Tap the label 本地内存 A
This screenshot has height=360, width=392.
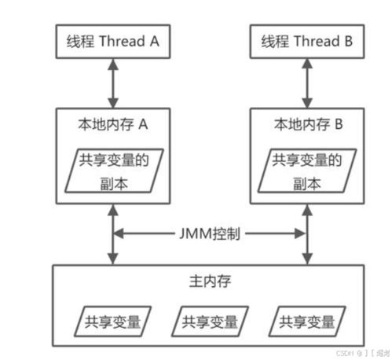tap(112, 124)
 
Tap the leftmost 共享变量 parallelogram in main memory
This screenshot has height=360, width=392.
tap(113, 321)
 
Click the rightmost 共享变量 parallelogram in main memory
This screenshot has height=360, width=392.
tap(306, 321)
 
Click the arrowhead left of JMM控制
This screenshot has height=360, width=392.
tap(119, 233)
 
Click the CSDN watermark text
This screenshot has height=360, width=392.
tap(343, 353)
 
